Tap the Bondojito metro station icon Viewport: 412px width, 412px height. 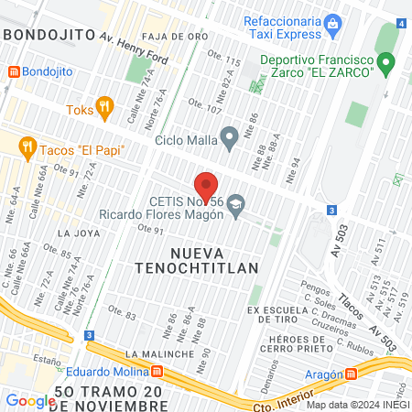point(14,70)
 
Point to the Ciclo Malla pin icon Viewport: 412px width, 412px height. point(232,138)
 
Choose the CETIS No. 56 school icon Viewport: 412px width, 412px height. point(238,203)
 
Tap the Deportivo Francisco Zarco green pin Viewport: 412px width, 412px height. point(386,64)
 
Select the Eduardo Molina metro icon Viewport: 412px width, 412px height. point(157,373)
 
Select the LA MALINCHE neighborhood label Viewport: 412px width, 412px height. point(160,353)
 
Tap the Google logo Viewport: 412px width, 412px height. point(30,400)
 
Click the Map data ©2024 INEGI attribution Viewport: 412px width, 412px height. point(357,405)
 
